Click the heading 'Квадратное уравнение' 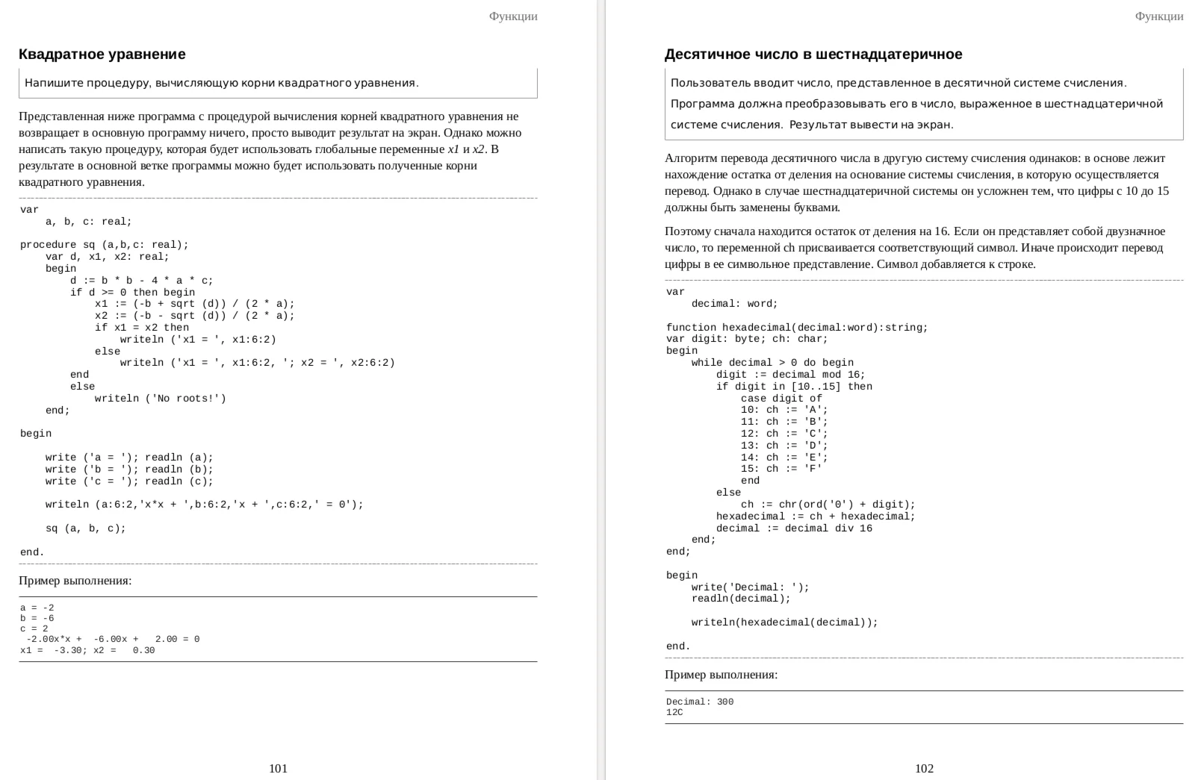[x=102, y=54]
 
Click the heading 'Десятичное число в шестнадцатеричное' [x=813, y=54]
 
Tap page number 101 [x=278, y=768]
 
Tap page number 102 [x=924, y=768]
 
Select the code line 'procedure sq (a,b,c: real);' [x=105, y=245]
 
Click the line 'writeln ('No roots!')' [x=160, y=399]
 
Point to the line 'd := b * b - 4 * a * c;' [x=142, y=281]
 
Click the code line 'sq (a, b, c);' [x=86, y=528]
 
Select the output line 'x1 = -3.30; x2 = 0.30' [x=87, y=650]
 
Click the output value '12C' [x=674, y=712]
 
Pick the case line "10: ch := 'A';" [x=784, y=410]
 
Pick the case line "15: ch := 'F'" [x=781, y=469]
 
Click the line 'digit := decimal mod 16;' [x=790, y=375]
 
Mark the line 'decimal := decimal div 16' [x=794, y=528]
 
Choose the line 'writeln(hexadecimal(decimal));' [x=784, y=623]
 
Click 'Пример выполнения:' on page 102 [x=721, y=675]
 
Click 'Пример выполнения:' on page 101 [x=75, y=581]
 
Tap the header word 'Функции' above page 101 [x=513, y=16]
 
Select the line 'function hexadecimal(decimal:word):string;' [x=797, y=328]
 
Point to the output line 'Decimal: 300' [x=700, y=702]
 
